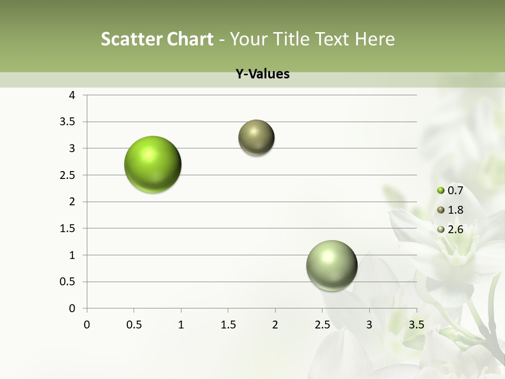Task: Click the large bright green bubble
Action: pyautogui.click(x=153, y=164)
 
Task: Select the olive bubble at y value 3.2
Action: pyautogui.click(x=256, y=138)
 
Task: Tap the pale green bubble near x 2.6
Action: pyautogui.click(x=331, y=265)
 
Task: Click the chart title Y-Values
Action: pyautogui.click(x=262, y=74)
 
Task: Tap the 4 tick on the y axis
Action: pyautogui.click(x=72, y=95)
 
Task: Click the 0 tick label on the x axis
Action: pyautogui.click(x=87, y=325)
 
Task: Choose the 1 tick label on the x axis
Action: pyautogui.click(x=181, y=325)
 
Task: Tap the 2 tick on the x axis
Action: pyautogui.click(x=275, y=325)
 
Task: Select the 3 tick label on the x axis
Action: pyautogui.click(x=369, y=325)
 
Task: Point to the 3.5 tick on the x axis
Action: pyautogui.click(x=416, y=325)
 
